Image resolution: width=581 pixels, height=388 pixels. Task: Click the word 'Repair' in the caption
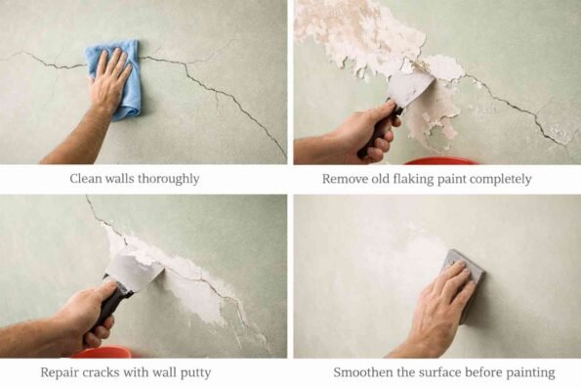point(62,372)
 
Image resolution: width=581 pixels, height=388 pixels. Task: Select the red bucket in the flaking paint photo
point(439,159)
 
